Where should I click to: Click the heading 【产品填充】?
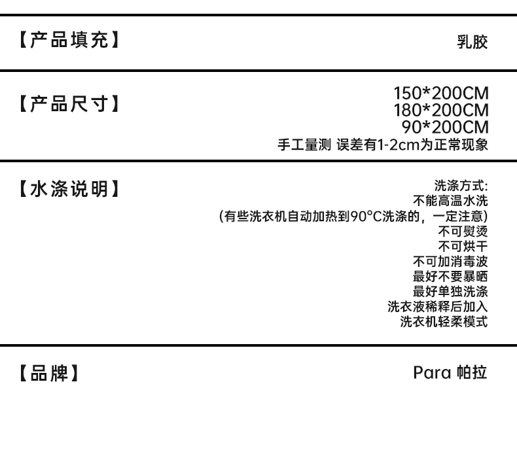point(69,42)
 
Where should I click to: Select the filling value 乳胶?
point(472,43)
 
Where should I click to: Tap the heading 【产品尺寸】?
point(69,103)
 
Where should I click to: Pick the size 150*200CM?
point(440,94)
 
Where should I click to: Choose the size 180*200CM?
point(440,111)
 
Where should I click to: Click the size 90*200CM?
point(444,127)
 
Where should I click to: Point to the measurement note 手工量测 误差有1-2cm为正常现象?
point(383,145)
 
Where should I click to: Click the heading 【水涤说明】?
point(69,190)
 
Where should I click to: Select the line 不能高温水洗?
point(450,201)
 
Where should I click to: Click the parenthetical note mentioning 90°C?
point(353,216)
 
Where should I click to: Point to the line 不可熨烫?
point(463,232)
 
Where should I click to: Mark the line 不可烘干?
point(463,247)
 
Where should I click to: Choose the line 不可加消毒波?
point(450,262)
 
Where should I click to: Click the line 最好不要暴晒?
point(450,277)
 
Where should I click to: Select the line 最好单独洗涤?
point(450,292)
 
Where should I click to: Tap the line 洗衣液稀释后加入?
point(437,307)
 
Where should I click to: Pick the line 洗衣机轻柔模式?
point(444,322)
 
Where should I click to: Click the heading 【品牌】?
point(48,374)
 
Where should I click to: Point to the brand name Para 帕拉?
point(450,374)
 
